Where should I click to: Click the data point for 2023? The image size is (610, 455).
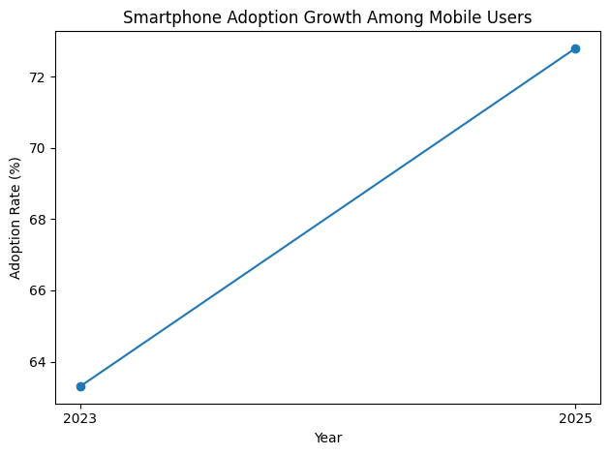coord(80,386)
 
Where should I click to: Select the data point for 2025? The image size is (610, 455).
coord(575,48)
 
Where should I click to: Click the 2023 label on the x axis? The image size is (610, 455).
coord(80,419)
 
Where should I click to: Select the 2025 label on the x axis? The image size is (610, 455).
coord(575,419)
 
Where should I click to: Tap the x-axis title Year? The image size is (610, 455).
coord(328,438)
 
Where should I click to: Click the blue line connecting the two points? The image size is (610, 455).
coord(328,217)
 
